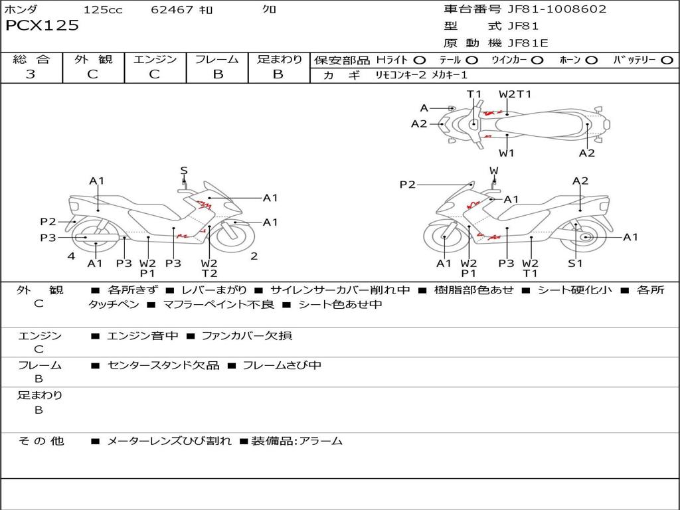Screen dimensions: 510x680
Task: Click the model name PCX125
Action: [42, 25]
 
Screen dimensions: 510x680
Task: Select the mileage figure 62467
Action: [172, 9]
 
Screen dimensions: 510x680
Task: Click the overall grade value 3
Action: [31, 74]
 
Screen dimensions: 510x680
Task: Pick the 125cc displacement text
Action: [103, 9]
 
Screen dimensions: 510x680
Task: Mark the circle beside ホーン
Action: [591, 60]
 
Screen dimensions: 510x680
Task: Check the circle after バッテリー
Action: [667, 60]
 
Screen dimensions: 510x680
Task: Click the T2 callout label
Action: [209, 273]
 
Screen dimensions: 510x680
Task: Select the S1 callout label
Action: [575, 263]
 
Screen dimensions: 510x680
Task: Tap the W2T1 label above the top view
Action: [515, 94]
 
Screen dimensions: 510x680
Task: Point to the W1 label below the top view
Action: [507, 153]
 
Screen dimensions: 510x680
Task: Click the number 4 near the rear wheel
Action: [70, 256]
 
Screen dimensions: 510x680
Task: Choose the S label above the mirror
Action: [184, 171]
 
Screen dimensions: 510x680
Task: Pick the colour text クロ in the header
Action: [270, 9]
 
